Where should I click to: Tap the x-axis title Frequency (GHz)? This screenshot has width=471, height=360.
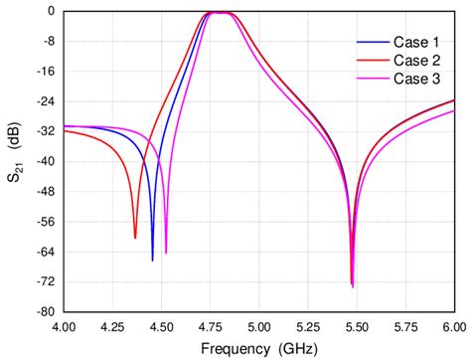(257, 349)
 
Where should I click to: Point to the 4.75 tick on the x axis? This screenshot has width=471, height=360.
(210, 325)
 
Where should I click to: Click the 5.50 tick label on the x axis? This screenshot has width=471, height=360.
(356, 325)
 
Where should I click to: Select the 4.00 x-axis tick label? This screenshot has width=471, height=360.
(64, 325)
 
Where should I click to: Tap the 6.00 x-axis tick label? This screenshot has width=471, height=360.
(453, 325)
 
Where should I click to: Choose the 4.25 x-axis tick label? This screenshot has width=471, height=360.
(112, 325)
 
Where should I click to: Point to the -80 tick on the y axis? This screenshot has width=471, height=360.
(44, 311)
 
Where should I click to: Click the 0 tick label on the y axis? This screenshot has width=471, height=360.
(50, 11)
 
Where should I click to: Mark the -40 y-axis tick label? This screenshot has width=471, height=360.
(44, 161)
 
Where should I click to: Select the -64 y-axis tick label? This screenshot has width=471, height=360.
(44, 252)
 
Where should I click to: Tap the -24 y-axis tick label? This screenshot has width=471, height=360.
(44, 101)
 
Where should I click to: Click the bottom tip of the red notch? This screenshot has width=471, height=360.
(135, 238)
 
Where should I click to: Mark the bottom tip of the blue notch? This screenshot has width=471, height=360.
(152, 261)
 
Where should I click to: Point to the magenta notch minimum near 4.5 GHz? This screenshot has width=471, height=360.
(166, 253)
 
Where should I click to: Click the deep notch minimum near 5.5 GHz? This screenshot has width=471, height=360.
(352, 286)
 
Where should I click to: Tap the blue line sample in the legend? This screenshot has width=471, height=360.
(371, 43)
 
